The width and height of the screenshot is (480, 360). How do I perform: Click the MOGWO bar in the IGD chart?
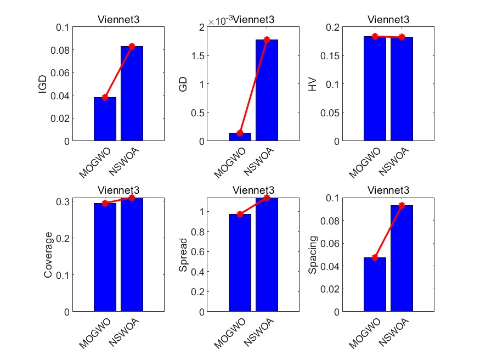pyautogui.click(x=105, y=119)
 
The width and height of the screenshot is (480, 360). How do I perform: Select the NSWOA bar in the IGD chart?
pyautogui.click(x=132, y=93)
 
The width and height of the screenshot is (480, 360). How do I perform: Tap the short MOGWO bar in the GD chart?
pyautogui.click(x=240, y=137)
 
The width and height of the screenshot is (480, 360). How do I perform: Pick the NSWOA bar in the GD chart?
pyautogui.click(x=267, y=91)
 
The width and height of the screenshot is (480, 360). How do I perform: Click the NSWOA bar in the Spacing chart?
pyautogui.click(x=402, y=258)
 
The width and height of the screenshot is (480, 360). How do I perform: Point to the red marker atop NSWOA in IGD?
pyautogui.click(x=132, y=46)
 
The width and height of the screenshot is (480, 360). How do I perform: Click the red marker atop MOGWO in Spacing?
pyautogui.click(x=375, y=257)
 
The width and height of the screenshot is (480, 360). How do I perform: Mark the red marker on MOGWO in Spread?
pyautogui.click(x=240, y=214)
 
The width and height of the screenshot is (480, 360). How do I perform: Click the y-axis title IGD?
pyautogui.click(x=43, y=84)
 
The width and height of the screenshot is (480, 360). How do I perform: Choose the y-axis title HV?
pyautogui.click(x=313, y=84)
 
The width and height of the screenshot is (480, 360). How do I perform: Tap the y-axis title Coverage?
pyautogui.click(x=49, y=254)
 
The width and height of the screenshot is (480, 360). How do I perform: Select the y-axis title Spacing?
pyautogui.click(x=313, y=254)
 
